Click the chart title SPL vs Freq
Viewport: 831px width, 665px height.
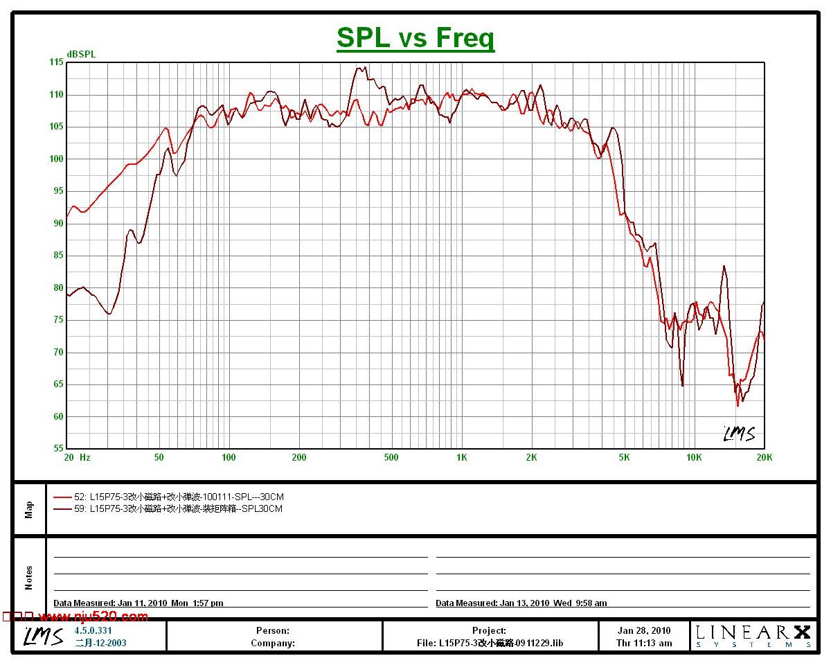[415, 37]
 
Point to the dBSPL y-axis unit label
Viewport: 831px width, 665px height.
[81, 54]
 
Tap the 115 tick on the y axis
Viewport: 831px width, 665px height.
[55, 62]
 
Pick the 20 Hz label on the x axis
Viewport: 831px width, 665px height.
[77, 457]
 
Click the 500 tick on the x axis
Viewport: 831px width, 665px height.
[391, 457]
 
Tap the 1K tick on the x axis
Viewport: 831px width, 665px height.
[461, 457]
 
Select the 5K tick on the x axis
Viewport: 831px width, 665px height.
[624, 457]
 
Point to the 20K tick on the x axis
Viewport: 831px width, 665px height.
[764, 457]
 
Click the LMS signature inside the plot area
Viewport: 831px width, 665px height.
[739, 434]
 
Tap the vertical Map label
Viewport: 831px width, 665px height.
[29, 509]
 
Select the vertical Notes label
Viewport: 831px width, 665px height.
[29, 577]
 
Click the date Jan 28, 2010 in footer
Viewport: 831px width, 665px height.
[644, 630]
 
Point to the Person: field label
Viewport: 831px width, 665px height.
[273, 630]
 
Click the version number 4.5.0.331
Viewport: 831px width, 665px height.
[93, 630]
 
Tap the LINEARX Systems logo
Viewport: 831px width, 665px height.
[753, 635]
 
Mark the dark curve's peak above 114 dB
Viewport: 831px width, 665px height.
[359, 68]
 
